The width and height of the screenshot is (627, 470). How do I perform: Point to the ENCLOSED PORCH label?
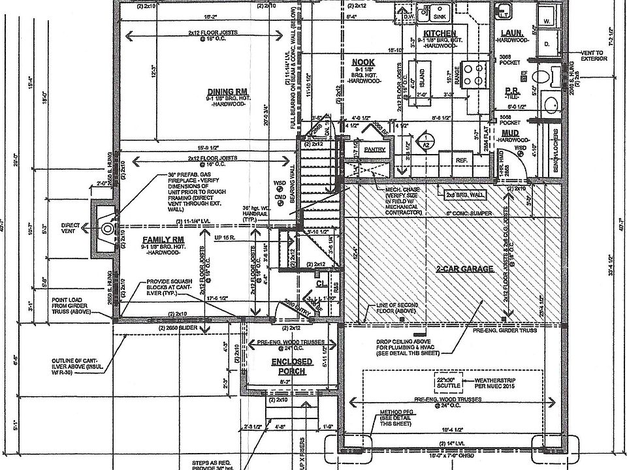(293, 366)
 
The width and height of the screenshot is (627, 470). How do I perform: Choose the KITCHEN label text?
(439, 33)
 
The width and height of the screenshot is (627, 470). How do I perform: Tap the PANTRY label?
(374, 149)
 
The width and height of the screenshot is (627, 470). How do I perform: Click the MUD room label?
(511, 134)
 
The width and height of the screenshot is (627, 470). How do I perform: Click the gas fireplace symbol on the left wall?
(105, 227)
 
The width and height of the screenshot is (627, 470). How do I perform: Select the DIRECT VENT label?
(71, 228)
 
